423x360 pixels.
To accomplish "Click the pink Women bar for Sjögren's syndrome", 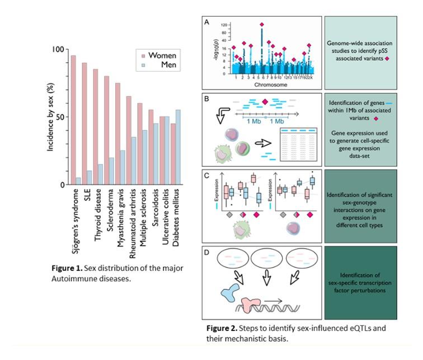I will pyautogui.click(x=73, y=120).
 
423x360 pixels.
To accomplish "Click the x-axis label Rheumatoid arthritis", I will pyautogui.click(x=130, y=216).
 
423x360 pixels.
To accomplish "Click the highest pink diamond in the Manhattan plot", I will pyautogui.click(x=261, y=25).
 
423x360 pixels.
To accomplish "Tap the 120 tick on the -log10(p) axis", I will pyautogui.click(x=222, y=26).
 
